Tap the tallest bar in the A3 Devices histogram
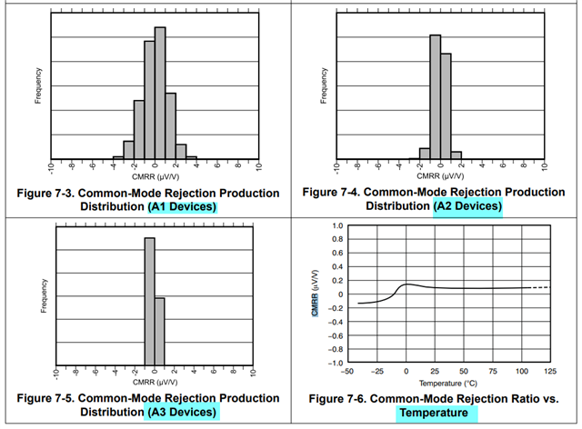click(x=149, y=300)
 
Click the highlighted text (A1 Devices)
click(x=183, y=207)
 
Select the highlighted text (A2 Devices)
click(x=468, y=206)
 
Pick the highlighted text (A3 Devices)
click(x=183, y=413)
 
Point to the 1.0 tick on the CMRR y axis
click(x=336, y=224)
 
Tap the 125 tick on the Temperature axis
click(x=550, y=372)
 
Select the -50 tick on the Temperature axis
click(x=346, y=372)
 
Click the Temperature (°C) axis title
click(x=447, y=383)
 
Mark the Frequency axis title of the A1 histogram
click(x=38, y=85)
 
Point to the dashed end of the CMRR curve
click(x=542, y=287)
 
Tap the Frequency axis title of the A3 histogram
click(x=43, y=295)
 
